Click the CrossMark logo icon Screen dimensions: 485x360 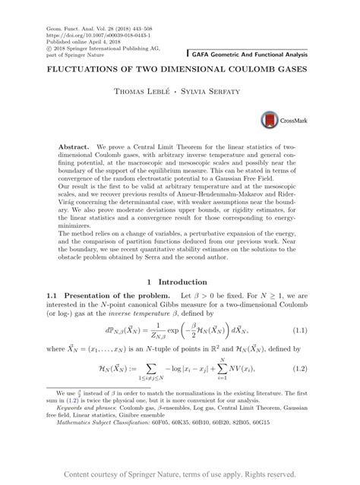(270, 120)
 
